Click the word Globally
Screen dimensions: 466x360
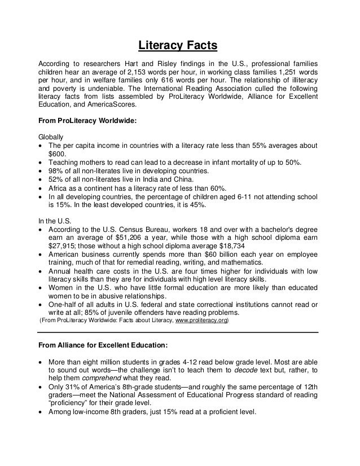tap(51, 137)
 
